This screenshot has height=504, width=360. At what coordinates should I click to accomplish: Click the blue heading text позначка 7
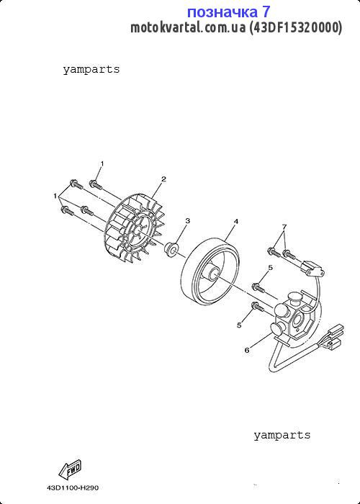point(228,12)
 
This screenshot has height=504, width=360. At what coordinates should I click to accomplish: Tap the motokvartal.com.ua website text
point(188,28)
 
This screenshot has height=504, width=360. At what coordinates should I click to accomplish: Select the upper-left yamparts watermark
point(91,69)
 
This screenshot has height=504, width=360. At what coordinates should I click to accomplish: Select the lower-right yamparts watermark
point(282,435)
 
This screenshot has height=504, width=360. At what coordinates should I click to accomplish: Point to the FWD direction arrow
point(70,470)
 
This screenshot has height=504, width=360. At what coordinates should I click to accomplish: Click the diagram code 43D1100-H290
point(73,488)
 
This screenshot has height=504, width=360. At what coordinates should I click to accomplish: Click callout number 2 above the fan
point(163,179)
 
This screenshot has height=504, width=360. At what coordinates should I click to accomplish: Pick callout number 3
point(188,221)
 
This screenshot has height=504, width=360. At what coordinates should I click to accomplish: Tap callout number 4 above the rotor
point(236,222)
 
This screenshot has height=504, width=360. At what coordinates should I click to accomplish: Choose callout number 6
point(247,351)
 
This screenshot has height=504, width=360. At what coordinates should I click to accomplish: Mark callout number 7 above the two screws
point(284,227)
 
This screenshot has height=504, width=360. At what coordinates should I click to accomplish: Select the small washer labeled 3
point(171,249)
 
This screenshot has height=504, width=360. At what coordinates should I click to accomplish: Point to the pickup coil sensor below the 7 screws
point(312,269)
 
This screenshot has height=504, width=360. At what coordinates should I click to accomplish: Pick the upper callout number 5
point(270,267)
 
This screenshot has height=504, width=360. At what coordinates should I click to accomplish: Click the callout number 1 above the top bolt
point(102,164)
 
